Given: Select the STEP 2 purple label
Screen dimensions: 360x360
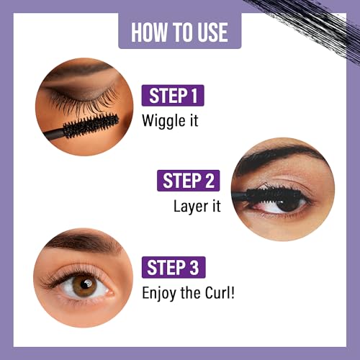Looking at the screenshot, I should click(x=188, y=180).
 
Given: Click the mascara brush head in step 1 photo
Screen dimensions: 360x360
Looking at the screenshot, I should click(x=90, y=127).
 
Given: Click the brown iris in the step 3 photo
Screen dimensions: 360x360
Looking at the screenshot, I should click(x=84, y=286).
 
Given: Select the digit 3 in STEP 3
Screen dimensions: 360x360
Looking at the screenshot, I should click(x=197, y=267).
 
